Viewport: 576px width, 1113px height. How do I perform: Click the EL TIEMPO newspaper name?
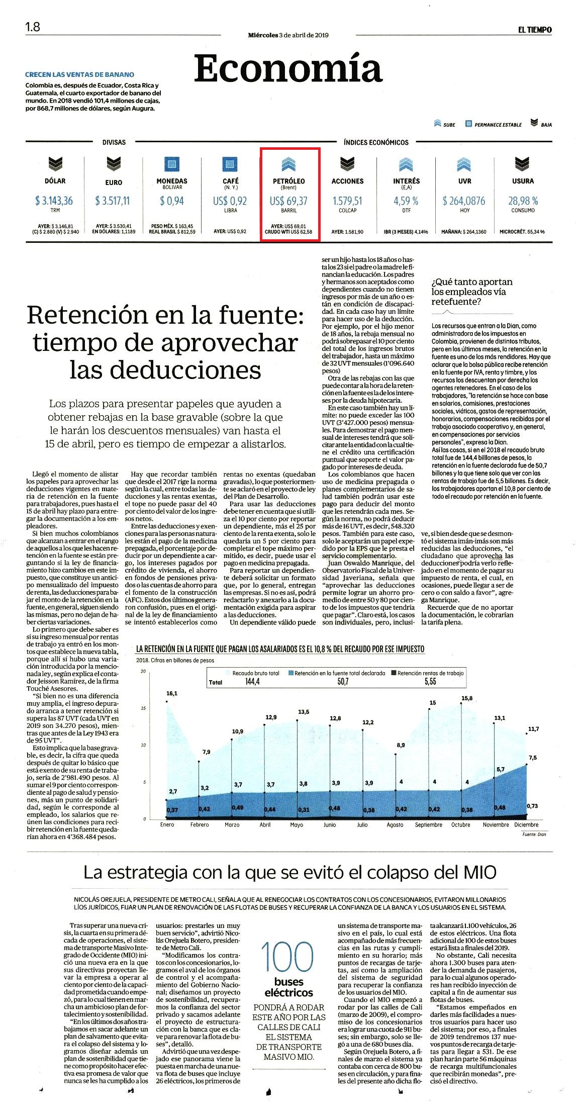535,30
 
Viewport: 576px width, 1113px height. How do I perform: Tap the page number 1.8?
33,27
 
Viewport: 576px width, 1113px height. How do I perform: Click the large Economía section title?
288,68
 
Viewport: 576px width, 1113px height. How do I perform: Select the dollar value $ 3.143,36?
54,201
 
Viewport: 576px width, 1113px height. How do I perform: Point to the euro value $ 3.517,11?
112,201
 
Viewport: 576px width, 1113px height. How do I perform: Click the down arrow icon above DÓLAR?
55,164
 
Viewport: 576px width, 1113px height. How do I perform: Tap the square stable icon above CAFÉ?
230,164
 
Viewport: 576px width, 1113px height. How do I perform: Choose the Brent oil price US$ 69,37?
289,201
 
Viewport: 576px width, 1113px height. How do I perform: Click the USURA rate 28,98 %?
523,201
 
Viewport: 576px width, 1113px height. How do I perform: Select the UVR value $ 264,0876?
464,201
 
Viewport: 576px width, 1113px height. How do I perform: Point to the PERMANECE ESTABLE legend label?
498,125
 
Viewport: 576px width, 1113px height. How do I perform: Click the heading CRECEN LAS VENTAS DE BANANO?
80,74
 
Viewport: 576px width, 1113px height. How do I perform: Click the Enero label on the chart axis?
167,824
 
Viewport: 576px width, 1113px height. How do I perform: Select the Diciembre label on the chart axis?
526,824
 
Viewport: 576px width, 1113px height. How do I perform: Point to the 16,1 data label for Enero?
172,693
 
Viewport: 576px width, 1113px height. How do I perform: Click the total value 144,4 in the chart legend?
252,682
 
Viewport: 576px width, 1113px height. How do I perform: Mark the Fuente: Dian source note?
534,834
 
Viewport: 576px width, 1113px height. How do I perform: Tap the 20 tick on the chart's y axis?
143,672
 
